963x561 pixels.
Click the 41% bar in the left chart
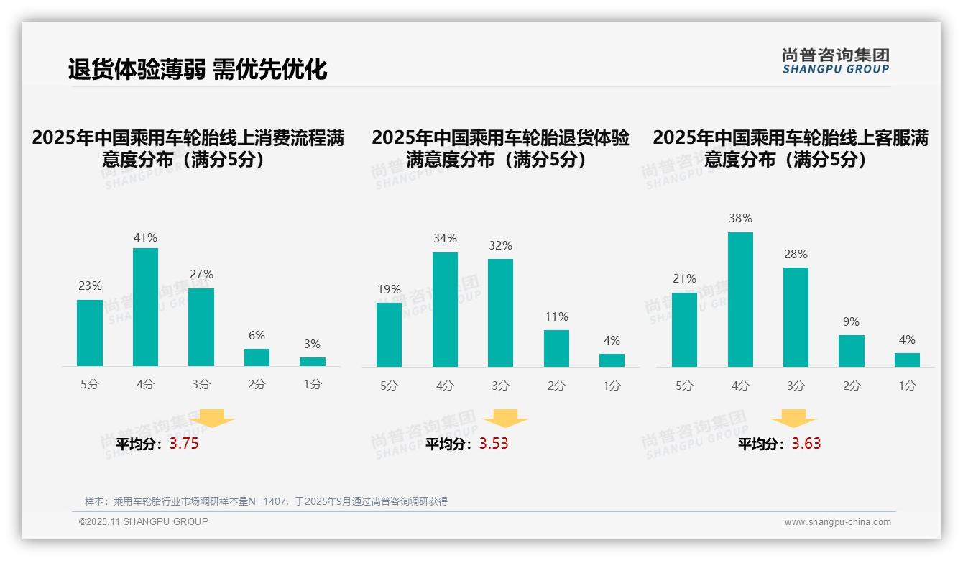(x=145, y=307)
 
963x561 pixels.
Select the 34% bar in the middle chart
(x=445, y=309)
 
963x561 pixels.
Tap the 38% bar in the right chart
(x=740, y=299)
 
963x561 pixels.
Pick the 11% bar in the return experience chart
(x=556, y=348)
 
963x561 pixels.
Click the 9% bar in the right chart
(x=852, y=351)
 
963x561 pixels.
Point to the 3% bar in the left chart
(x=313, y=362)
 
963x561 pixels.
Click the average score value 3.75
(x=184, y=444)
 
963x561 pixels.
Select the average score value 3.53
(x=494, y=444)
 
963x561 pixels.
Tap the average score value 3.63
(x=806, y=444)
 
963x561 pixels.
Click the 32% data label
(x=501, y=246)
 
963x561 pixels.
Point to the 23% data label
(x=90, y=286)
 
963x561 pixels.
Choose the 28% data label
(x=796, y=255)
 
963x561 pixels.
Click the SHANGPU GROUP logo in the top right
(x=835, y=61)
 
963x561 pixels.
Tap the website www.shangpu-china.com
(x=837, y=522)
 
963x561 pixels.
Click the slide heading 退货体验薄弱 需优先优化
(x=198, y=69)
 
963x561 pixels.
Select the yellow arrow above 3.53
(x=505, y=419)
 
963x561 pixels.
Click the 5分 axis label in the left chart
(x=90, y=385)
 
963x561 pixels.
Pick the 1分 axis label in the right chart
(x=907, y=386)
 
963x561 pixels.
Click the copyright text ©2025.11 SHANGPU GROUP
(x=144, y=521)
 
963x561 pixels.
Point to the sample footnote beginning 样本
(x=266, y=501)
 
